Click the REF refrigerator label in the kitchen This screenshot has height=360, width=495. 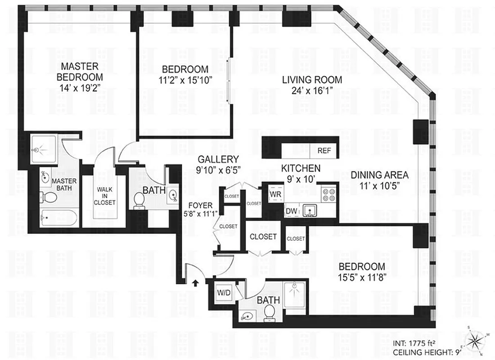point(324,151)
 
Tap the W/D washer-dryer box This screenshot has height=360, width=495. point(224,292)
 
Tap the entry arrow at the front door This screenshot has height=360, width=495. point(196,283)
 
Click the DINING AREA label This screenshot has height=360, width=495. point(380,175)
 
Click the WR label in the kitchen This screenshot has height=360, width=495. point(275,194)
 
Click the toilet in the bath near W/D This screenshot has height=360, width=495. point(270,311)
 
